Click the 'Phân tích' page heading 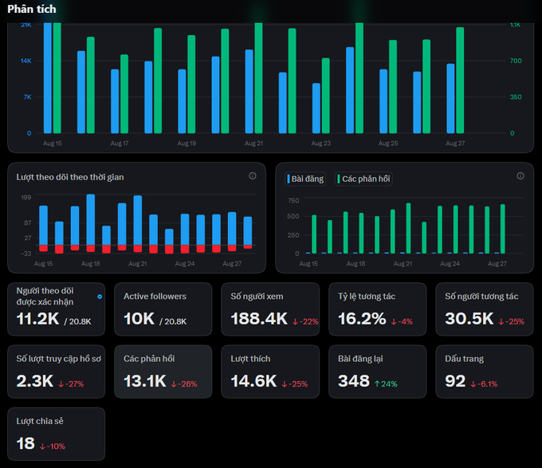[31, 9]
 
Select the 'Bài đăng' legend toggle [305, 179]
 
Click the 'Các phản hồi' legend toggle [363, 179]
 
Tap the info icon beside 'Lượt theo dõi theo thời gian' [253, 176]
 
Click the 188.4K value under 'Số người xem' [259, 319]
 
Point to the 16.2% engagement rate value [362, 319]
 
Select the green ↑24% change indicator [386, 383]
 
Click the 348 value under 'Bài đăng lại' [354, 381]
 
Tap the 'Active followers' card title [155, 297]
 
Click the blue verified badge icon [100, 297]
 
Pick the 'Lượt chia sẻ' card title [40, 421]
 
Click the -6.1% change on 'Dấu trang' [484, 383]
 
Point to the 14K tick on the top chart [26, 61]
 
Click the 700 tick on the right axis [516, 61]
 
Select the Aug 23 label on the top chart [320, 143]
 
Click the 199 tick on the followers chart [26, 198]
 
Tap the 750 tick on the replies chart [293, 200]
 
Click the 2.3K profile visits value [34, 381]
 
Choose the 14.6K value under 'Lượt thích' [253, 381]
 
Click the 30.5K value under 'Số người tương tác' [469, 319]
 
